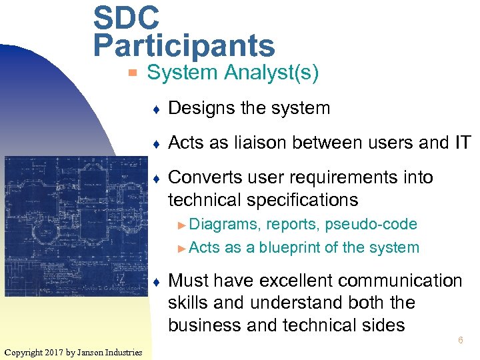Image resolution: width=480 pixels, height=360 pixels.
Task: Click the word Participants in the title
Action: tap(184, 45)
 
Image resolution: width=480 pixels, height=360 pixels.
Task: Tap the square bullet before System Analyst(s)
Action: tap(133, 73)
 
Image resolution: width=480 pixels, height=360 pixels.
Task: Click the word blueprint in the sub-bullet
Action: tap(299, 248)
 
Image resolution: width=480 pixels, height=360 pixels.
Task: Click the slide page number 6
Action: tap(459, 341)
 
